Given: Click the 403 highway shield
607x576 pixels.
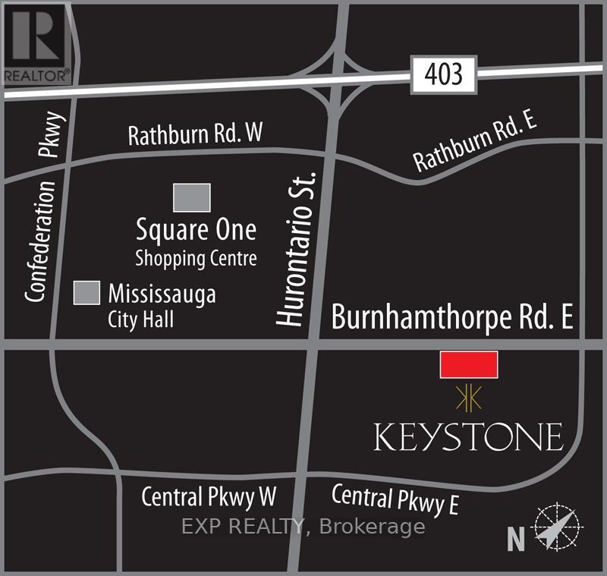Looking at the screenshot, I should [443, 76].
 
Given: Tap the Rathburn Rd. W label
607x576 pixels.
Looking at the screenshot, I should [195, 135].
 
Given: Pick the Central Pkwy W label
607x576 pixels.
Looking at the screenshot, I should [209, 497].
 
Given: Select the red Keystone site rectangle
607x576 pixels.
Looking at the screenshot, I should [469, 364].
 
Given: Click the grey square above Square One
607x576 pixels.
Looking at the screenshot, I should [191, 197].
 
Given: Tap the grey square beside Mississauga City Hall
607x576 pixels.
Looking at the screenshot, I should [86, 294].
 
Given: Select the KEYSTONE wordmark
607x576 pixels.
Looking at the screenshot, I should [468, 436].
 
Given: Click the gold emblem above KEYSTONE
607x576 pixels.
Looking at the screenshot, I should [468, 397].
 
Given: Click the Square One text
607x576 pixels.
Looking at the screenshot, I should [196, 229].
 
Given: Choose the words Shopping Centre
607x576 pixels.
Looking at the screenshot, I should [196, 258].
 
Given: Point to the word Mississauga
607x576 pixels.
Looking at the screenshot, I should [162, 293].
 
